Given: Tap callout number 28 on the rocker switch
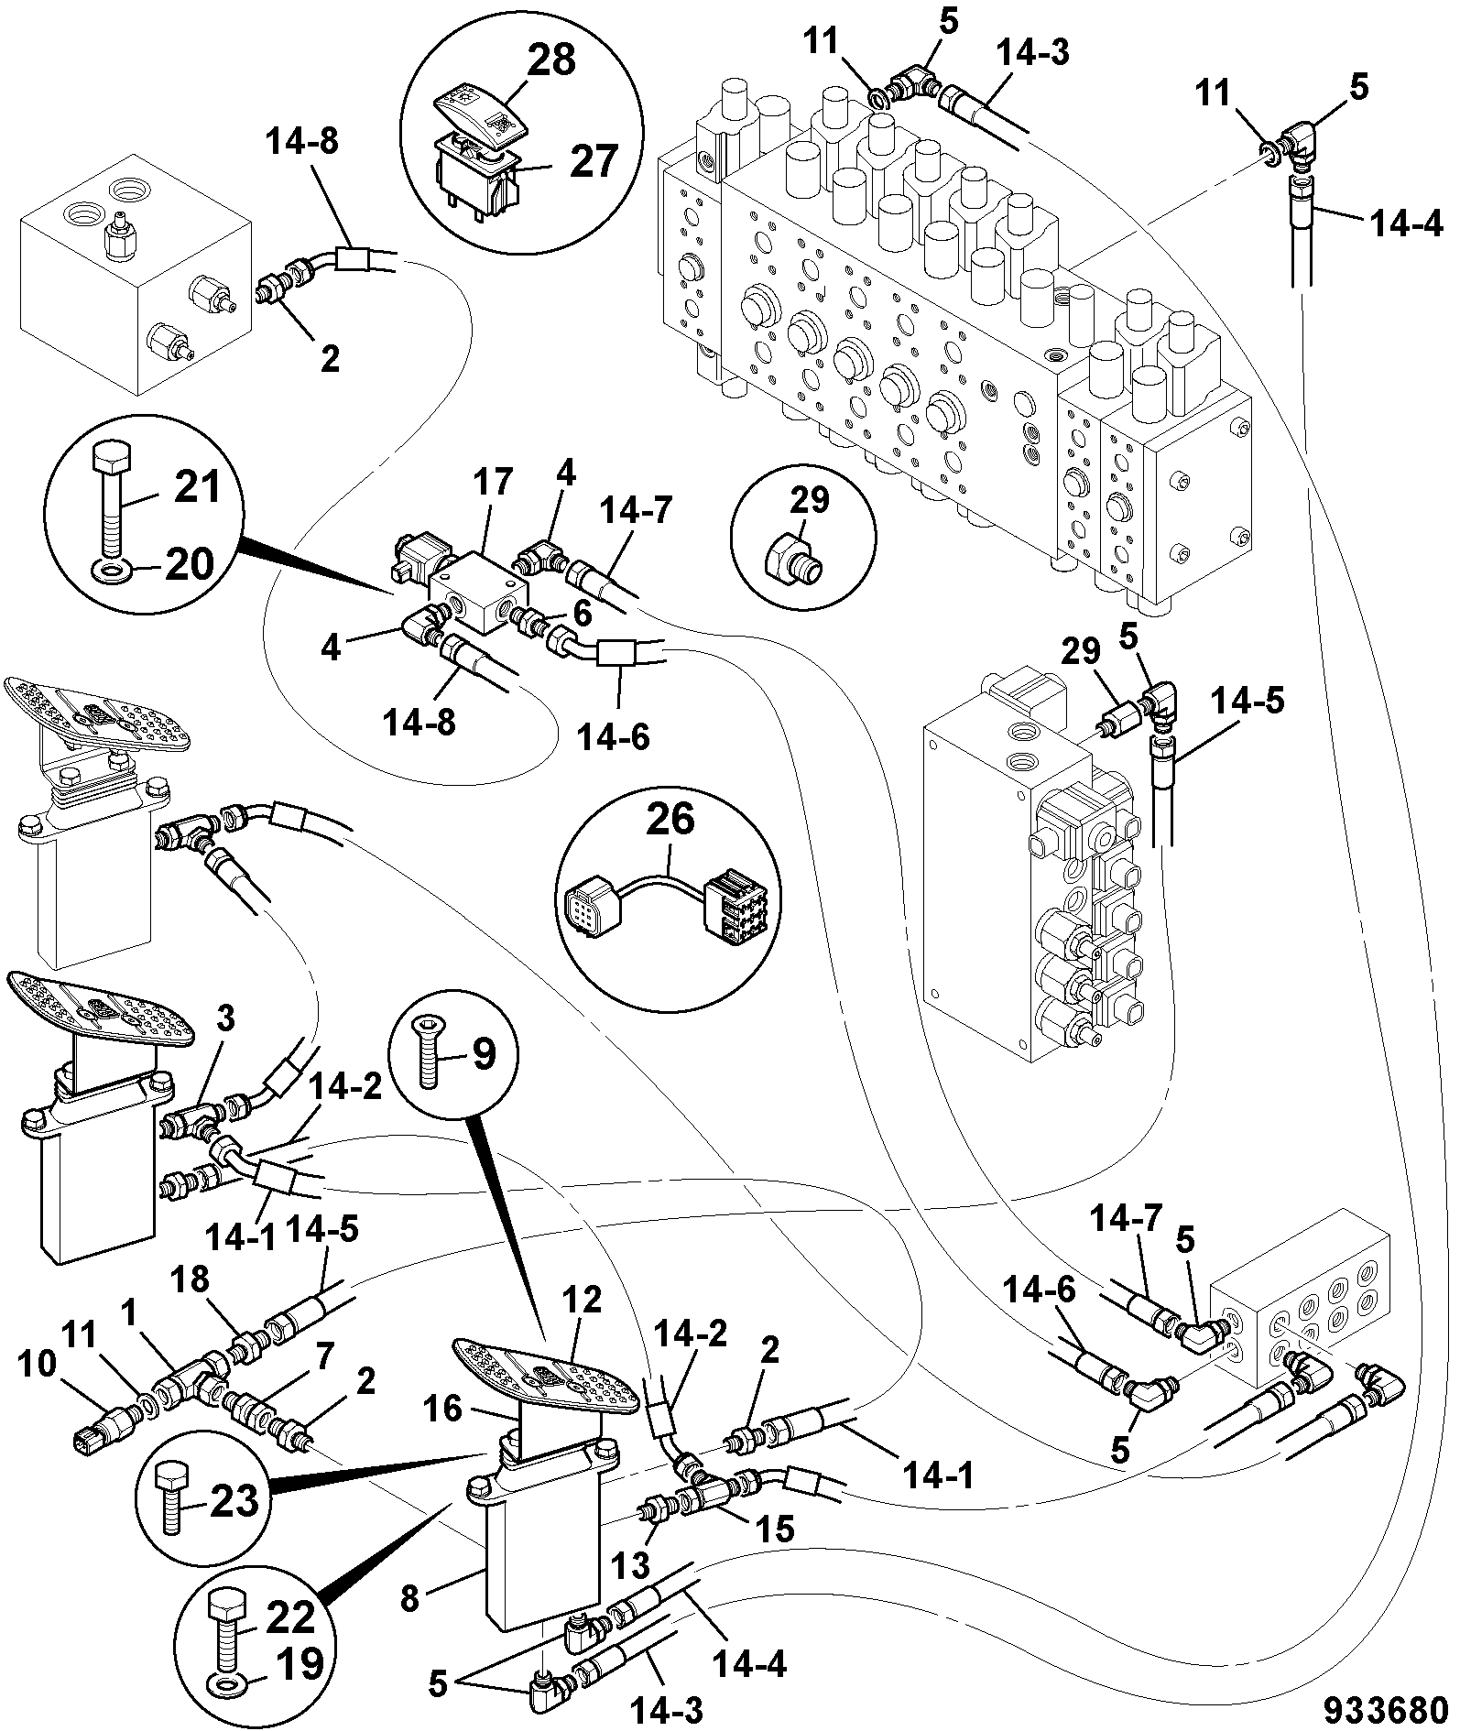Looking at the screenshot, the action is (x=551, y=60).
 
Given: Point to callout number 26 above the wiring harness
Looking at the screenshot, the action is (x=671, y=820).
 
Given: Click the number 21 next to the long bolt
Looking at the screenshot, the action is (x=197, y=486).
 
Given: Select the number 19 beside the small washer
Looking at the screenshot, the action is (x=299, y=1663).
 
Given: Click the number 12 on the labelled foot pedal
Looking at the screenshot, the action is (x=583, y=1300).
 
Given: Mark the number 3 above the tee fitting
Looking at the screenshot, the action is (x=225, y=1018).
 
